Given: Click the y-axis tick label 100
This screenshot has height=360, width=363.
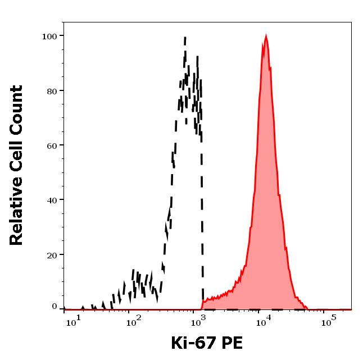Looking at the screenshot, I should tap(49, 36).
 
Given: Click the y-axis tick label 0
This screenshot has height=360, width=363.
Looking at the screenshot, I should tap(55, 307).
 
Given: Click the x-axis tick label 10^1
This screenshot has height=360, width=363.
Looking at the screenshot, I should tap(71, 323).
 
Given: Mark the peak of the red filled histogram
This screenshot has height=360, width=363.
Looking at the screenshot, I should tap(265, 36).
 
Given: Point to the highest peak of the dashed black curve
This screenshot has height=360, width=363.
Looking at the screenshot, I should tap(185, 38).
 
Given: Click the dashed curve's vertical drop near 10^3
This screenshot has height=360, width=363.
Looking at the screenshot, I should tap(202, 225).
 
